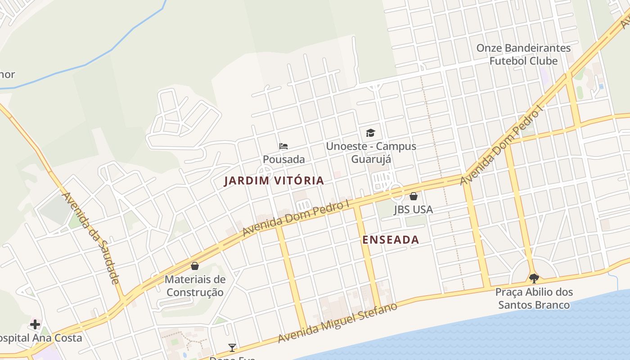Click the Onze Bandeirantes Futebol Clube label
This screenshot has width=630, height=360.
(x=523, y=54)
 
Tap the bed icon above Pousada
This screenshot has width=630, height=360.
(x=283, y=146)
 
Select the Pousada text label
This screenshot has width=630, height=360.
(x=283, y=159)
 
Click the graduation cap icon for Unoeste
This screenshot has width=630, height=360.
(x=370, y=133)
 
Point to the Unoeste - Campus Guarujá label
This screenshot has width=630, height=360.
(x=371, y=153)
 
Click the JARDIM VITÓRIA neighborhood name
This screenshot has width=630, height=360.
(x=274, y=181)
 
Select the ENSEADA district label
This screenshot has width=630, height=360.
(x=391, y=240)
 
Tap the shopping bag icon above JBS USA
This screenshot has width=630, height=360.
(x=413, y=196)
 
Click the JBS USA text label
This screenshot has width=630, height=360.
(x=413, y=209)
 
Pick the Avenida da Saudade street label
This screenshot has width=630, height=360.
(x=90, y=238)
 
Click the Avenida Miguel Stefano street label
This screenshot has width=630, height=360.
(x=337, y=323)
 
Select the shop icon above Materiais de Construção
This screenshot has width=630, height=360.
(x=195, y=266)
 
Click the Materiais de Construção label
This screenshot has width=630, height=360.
(x=195, y=286)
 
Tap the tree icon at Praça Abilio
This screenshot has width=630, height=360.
(x=534, y=278)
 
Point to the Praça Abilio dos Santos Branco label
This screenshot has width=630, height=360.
(x=534, y=298)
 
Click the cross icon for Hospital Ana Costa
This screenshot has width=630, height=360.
(x=35, y=324)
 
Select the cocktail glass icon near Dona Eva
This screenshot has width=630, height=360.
(x=232, y=347)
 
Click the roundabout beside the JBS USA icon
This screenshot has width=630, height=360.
(x=396, y=191)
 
